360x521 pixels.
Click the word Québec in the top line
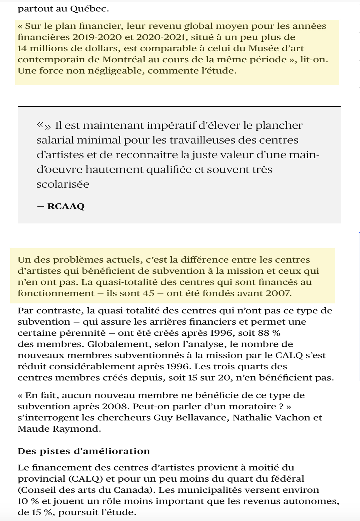coord(89,9)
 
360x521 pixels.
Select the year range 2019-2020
coord(97,37)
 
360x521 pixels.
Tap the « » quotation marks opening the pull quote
coord(44,126)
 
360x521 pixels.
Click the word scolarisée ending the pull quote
coord(63,184)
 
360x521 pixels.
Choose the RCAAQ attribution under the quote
coord(66,206)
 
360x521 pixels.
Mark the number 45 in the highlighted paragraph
coord(149,293)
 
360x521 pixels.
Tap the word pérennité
coord(83,333)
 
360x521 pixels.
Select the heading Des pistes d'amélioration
coord(84,451)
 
